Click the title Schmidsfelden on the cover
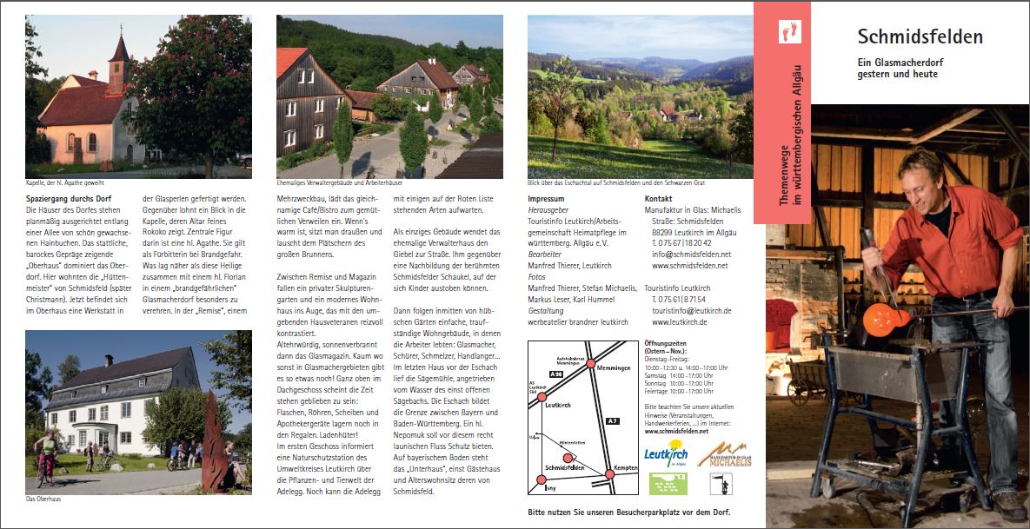point(920,36)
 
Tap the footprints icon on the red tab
point(790,31)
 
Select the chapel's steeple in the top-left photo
point(118,56)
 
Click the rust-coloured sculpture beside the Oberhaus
point(211,434)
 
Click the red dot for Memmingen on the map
point(591,363)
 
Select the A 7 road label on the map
point(612,421)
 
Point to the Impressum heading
point(546,199)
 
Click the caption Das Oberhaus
point(43,499)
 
